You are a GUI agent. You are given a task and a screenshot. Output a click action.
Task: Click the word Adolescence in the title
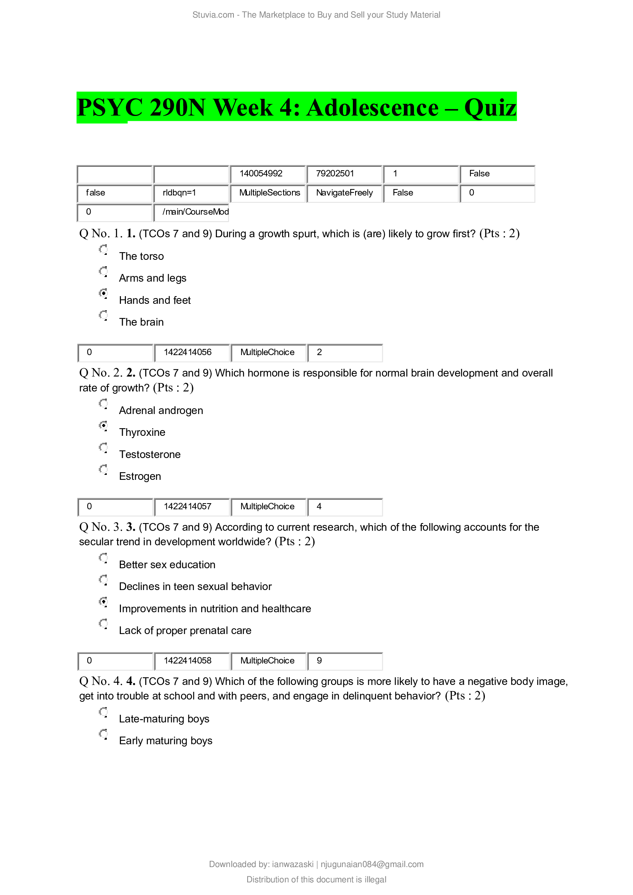(x=372, y=108)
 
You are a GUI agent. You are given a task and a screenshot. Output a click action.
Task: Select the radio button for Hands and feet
(x=103, y=293)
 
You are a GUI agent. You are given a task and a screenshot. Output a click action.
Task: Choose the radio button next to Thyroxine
(x=103, y=425)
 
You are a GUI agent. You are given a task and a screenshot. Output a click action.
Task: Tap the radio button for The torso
(x=103, y=249)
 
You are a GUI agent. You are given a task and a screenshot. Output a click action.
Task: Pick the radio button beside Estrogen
(x=103, y=470)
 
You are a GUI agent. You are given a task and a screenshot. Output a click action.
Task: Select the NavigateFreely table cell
(x=344, y=193)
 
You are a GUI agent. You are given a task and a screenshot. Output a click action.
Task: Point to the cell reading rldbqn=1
(x=191, y=193)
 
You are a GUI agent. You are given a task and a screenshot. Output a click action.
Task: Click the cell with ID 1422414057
(x=191, y=506)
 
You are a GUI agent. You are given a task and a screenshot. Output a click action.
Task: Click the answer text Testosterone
(x=150, y=455)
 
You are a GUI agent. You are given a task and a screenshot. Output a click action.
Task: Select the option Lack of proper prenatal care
(x=185, y=630)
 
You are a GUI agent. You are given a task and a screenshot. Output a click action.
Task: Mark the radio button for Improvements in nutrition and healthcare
(x=103, y=602)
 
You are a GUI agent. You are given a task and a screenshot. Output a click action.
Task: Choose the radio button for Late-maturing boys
(x=103, y=712)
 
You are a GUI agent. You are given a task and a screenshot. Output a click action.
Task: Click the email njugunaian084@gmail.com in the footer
(x=372, y=864)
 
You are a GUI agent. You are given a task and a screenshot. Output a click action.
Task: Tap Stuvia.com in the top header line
(x=213, y=15)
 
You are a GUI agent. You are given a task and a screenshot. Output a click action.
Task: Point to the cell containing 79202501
(x=344, y=174)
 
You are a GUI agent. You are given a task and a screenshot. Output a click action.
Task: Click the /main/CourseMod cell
(x=191, y=212)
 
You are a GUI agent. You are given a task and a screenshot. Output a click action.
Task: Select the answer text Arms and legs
(x=152, y=278)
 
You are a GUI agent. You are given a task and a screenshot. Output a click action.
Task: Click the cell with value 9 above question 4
(x=344, y=660)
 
